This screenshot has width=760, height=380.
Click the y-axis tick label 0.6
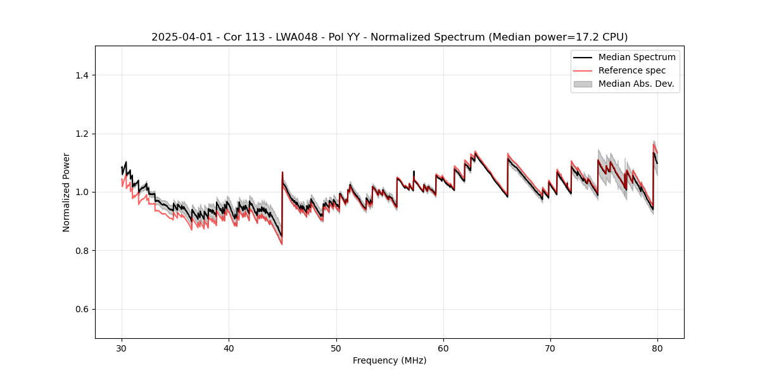[81, 309]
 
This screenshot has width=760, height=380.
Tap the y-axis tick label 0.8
[81, 251]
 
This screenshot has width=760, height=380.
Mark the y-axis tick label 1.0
[81, 192]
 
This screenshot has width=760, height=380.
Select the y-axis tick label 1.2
[81, 134]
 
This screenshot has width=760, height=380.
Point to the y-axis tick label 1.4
[81, 75]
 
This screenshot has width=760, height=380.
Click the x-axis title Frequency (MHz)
[389, 360]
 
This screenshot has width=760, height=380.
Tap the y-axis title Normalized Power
[66, 192]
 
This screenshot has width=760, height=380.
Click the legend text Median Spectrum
[636, 57]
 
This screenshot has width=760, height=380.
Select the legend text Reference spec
[631, 70]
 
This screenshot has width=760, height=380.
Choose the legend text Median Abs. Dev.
[636, 84]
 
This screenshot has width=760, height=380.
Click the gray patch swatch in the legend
[583, 84]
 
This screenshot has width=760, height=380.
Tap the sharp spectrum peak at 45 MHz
[282, 172]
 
